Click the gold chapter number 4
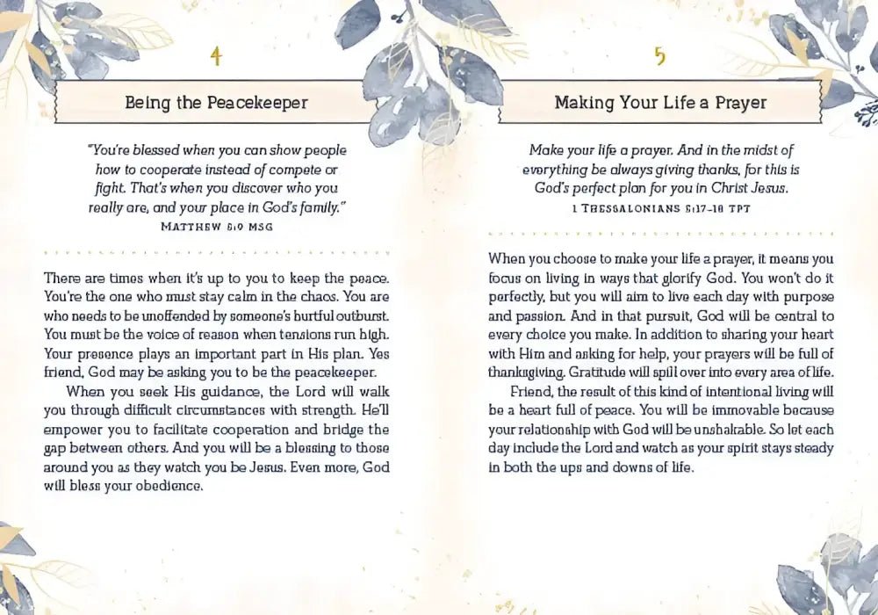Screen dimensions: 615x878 pos(216,57)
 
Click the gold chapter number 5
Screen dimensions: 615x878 pos(660,57)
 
